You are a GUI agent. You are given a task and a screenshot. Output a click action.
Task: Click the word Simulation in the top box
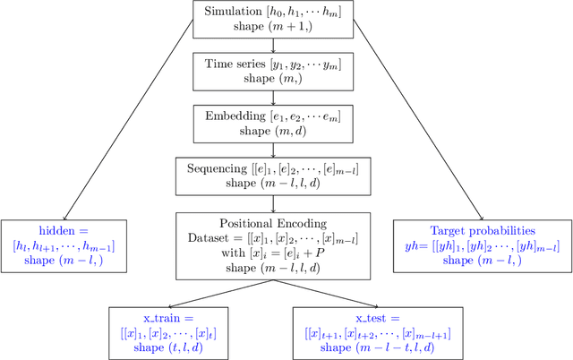coord(234,13)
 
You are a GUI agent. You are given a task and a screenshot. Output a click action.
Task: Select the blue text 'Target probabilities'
coord(483,230)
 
